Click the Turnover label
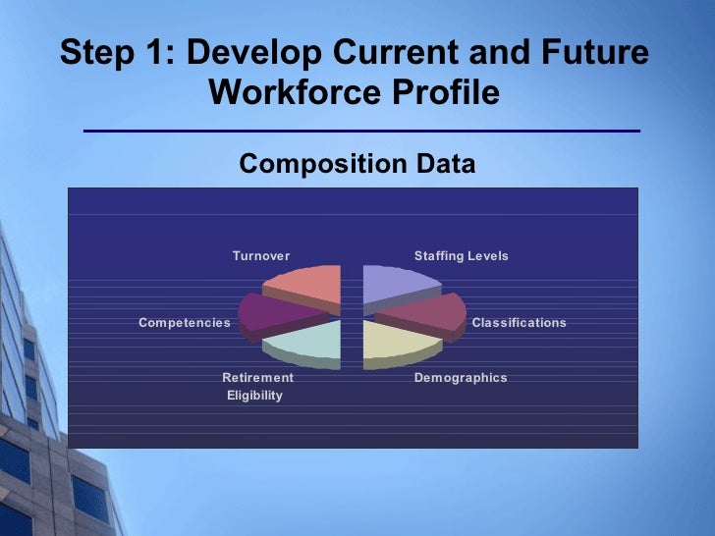(261, 256)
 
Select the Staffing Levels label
(462, 256)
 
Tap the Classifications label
(519, 323)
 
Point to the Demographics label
(461, 378)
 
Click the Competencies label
(185, 323)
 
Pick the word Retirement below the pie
(257, 378)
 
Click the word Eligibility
(254, 396)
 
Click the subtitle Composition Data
(357, 164)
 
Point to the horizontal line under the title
(361, 131)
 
